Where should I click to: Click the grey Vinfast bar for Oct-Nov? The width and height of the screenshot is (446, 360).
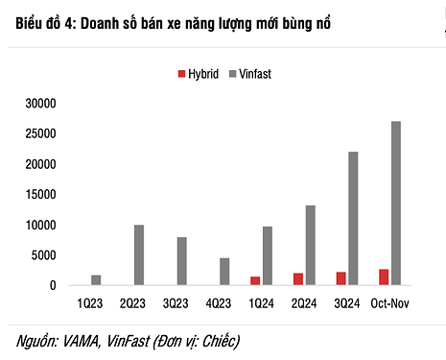click(396, 204)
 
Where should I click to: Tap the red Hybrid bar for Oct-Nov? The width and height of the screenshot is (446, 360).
click(384, 277)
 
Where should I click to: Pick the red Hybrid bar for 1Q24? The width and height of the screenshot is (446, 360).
click(255, 280)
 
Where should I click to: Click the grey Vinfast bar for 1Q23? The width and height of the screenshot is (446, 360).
click(96, 280)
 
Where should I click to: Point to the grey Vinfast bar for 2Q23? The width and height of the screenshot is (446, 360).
click(139, 255)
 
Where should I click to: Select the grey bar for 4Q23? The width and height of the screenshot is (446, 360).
click(224, 272)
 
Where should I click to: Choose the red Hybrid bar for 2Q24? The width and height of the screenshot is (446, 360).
click(298, 279)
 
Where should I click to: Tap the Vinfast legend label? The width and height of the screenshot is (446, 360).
click(255, 73)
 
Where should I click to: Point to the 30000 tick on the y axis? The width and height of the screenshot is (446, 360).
click(40, 104)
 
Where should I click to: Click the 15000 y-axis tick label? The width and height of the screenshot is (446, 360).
click(40, 195)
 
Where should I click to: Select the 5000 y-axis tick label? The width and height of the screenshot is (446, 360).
click(44, 255)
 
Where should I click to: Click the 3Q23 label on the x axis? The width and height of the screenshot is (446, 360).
click(175, 303)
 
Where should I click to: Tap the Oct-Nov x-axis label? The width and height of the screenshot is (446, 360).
click(389, 303)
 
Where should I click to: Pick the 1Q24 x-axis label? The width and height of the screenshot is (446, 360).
click(260, 303)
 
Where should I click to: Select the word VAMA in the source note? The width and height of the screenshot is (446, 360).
click(81, 340)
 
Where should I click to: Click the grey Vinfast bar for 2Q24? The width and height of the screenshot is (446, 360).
click(310, 246)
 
